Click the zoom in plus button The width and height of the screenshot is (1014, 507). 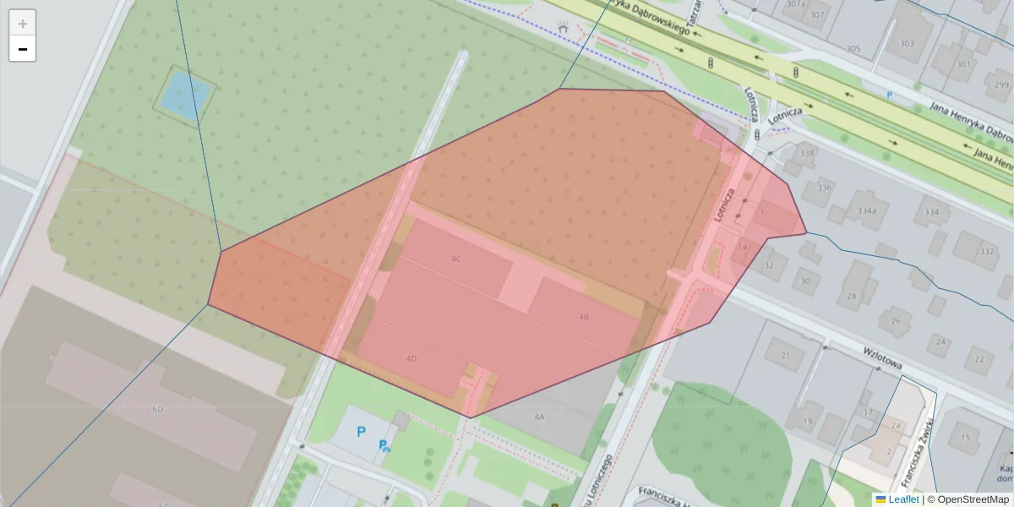click(x=23, y=23)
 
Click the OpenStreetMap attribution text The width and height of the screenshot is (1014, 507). click(x=973, y=499)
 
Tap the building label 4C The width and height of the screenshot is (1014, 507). click(x=456, y=259)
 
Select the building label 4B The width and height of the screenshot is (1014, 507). click(x=584, y=317)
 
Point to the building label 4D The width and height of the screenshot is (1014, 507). click(x=412, y=358)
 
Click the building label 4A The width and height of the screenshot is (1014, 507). click(x=540, y=417)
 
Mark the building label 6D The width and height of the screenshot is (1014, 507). click(x=157, y=409)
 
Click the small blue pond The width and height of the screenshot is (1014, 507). click(x=183, y=91)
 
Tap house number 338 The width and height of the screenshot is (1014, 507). click(x=807, y=153)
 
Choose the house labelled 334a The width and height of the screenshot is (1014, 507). click(x=866, y=210)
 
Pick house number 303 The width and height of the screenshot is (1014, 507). click(x=907, y=44)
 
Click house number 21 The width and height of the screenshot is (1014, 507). click(x=785, y=355)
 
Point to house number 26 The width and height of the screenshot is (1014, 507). click(x=894, y=321)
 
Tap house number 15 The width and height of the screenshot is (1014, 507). click(x=965, y=437)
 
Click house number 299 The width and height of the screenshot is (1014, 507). click(x=1002, y=85)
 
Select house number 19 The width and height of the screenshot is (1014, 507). click(x=808, y=421)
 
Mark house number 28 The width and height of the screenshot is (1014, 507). click(x=851, y=296)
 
